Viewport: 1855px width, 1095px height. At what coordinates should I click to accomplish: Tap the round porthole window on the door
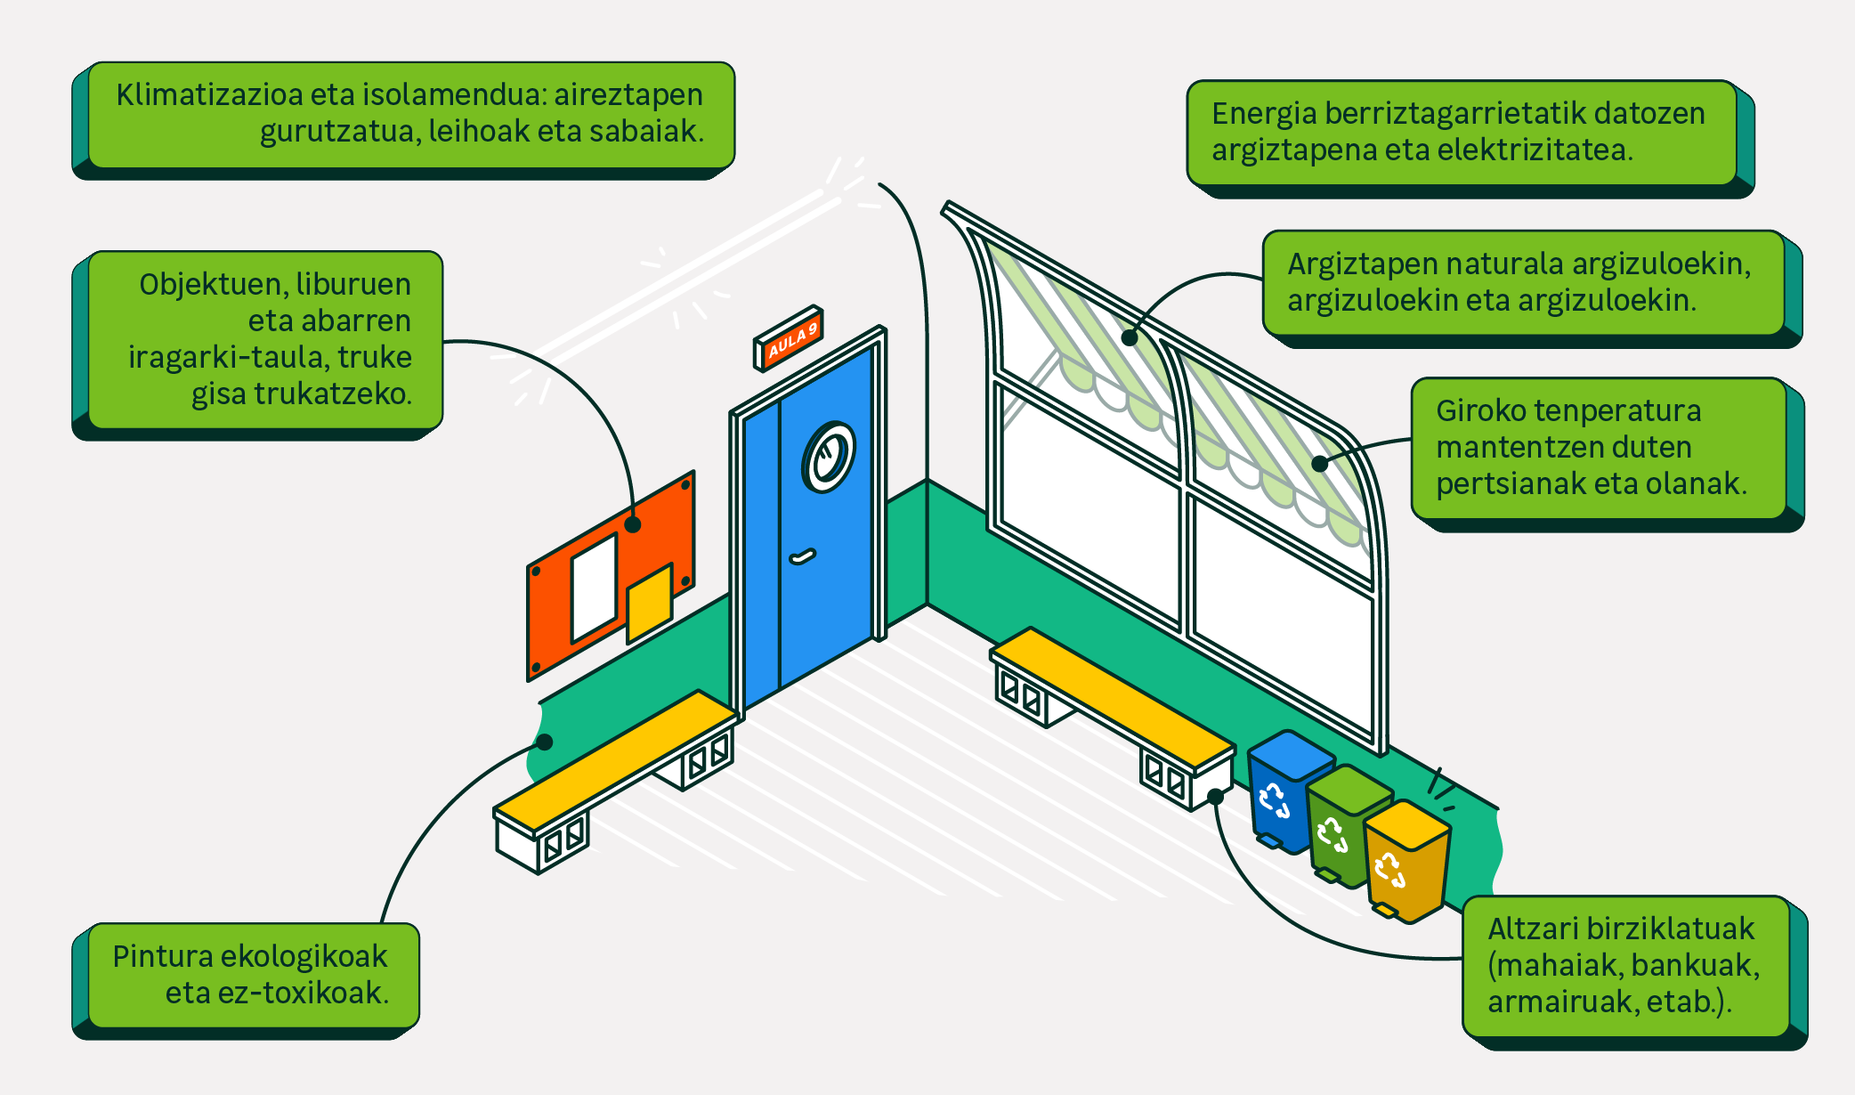click(x=829, y=457)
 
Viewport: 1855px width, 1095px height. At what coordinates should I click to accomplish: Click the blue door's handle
click(x=802, y=557)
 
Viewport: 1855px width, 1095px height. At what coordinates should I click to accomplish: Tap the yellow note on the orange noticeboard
click(x=649, y=602)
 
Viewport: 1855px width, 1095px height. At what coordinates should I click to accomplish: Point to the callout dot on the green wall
click(x=545, y=742)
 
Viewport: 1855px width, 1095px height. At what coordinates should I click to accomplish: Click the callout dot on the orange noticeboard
click(x=633, y=524)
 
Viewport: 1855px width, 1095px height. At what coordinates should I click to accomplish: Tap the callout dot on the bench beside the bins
click(x=1216, y=796)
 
